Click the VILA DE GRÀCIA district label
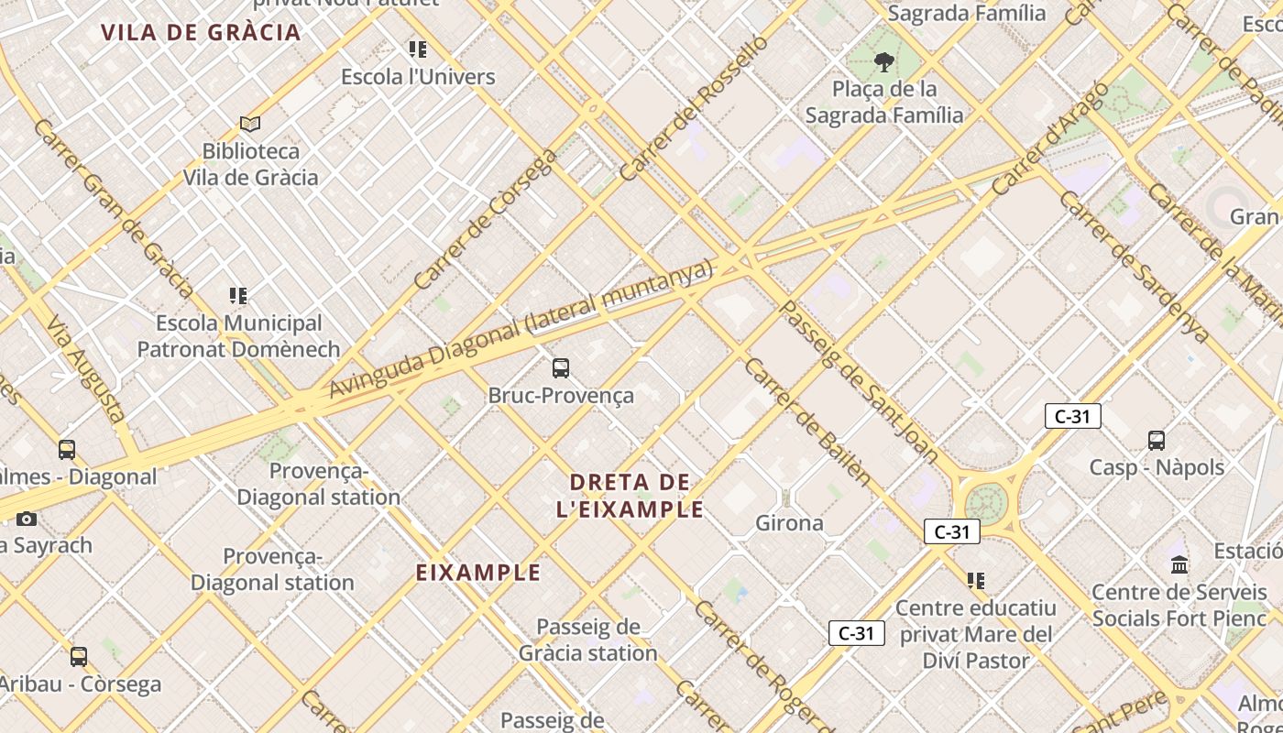pyautogui.click(x=201, y=33)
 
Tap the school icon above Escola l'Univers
pyautogui.click(x=418, y=49)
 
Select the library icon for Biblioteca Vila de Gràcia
pyautogui.click(x=250, y=123)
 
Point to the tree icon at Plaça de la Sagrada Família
pyautogui.click(x=883, y=62)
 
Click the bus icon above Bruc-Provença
pyautogui.click(x=561, y=368)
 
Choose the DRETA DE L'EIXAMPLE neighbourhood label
pyautogui.click(x=630, y=496)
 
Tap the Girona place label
pyautogui.click(x=789, y=523)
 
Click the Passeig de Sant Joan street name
pyautogui.click(x=858, y=380)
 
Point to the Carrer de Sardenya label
pyautogui.click(x=1133, y=267)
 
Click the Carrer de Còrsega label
pyautogui.click(x=485, y=219)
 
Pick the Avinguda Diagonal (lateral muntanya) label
pyautogui.click(x=521, y=330)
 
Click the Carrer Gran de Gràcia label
pyautogui.click(x=112, y=208)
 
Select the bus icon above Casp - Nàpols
pyautogui.click(x=1157, y=441)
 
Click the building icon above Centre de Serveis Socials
pyautogui.click(x=1179, y=564)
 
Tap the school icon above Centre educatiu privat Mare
pyautogui.click(x=976, y=580)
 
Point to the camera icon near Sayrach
pyautogui.click(x=27, y=519)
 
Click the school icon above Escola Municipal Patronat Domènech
pyautogui.click(x=238, y=295)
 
